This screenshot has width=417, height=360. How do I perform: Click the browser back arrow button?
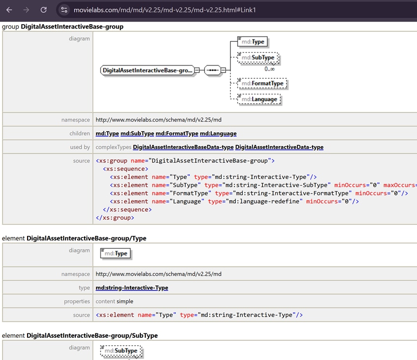9,10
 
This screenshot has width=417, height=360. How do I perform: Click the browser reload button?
44,10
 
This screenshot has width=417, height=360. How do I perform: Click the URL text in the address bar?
164,10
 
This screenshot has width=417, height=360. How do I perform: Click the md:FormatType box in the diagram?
262,83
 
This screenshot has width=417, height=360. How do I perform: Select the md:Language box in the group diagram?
259,99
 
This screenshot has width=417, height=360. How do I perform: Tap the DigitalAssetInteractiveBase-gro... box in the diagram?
147,70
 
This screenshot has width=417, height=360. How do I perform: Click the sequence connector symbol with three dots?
213,70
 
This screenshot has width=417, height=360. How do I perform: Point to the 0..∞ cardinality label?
269,69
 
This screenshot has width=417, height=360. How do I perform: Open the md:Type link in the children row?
107,133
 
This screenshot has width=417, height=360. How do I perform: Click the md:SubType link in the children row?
137,133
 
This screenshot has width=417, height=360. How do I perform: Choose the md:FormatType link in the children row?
177,133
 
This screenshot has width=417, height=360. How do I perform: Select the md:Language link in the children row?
218,133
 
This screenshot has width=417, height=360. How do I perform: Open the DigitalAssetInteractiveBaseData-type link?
183,147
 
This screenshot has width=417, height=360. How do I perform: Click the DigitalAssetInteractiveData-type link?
279,147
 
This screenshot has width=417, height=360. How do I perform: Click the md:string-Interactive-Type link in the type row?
132,288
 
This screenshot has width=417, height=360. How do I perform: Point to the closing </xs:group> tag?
115,218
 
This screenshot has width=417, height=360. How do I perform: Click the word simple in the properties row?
125,301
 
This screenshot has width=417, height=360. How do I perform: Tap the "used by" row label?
80,147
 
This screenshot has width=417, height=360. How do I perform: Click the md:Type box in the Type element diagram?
116,254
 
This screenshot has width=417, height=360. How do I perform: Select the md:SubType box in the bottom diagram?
121,351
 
